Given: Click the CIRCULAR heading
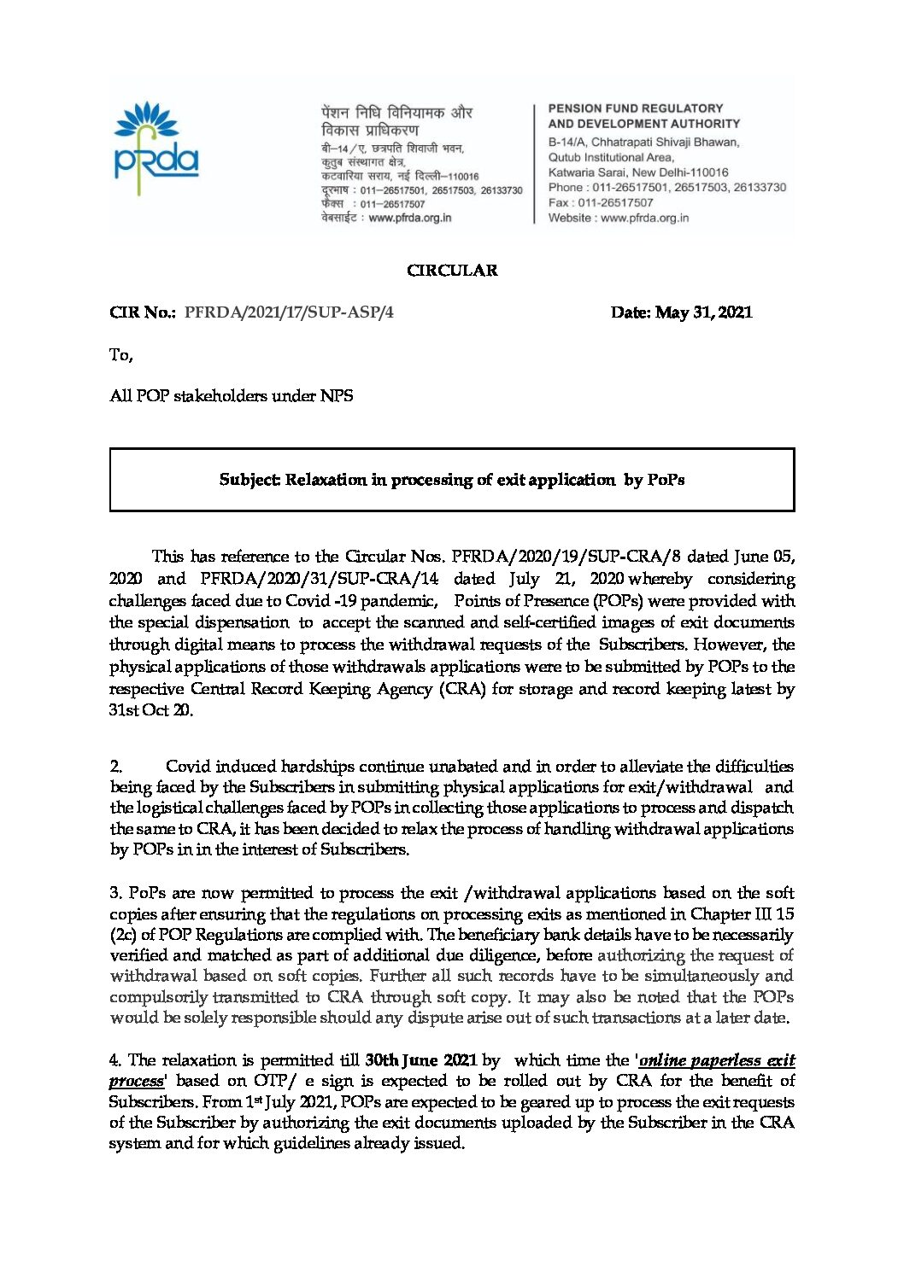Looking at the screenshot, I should pos(452,271).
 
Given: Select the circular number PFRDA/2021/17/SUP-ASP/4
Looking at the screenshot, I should pos(289,312).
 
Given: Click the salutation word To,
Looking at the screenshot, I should pos(121,354).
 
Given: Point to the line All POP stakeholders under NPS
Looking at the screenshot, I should pos(232,396).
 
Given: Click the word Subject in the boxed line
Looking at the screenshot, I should pos(249,480).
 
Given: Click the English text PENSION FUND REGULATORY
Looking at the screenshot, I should pos(636,109).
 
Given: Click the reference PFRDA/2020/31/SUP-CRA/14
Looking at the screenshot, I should pos(320,579).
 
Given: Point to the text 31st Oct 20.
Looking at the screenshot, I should pos(151,710).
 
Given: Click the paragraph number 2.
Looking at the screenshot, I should pos(116,767).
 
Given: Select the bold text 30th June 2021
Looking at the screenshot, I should pos(420,1060).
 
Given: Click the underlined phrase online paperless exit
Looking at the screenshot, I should pos(717,1060).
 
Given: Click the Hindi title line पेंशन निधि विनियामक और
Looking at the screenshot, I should pos(397,113).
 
